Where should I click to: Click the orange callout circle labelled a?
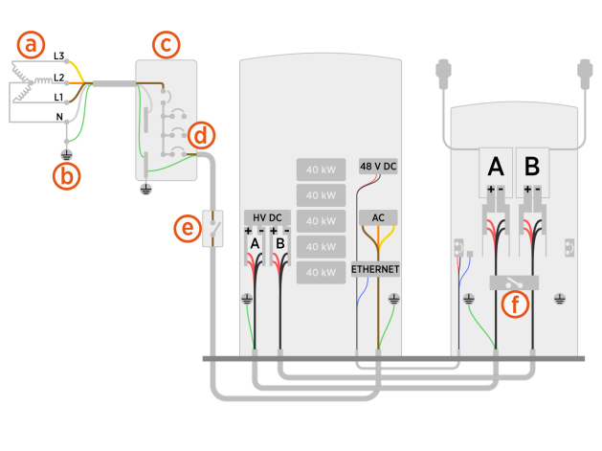click(33, 45)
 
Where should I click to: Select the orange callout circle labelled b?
click(66, 175)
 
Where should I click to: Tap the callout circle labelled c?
click(166, 44)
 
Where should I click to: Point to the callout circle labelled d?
click(200, 136)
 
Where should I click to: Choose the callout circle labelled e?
click(189, 228)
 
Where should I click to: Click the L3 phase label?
click(58, 57)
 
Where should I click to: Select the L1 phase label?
click(58, 97)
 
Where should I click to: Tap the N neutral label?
click(60, 117)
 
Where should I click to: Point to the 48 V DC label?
click(377, 166)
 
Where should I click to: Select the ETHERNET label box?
click(376, 270)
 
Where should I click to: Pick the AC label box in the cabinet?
click(376, 218)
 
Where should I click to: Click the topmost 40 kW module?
click(319, 169)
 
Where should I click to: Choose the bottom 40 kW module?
click(319, 273)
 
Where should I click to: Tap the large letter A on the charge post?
click(496, 167)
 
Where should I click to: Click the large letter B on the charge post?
click(532, 167)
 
